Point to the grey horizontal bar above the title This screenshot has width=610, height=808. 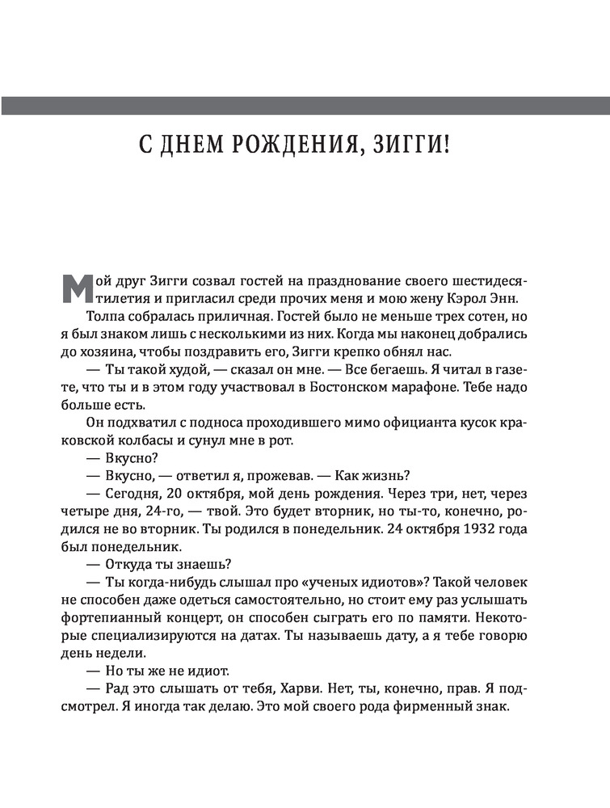(305, 105)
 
